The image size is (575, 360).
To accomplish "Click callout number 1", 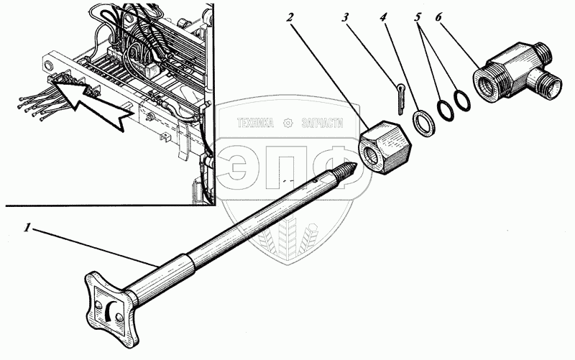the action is [x=27, y=228].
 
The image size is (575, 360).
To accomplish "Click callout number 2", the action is [x=290, y=17].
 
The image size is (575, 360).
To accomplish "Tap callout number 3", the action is [x=344, y=17].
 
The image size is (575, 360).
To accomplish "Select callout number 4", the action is [x=383, y=17].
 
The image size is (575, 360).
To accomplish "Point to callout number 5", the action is [x=418, y=17].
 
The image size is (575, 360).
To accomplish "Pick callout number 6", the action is [x=439, y=17].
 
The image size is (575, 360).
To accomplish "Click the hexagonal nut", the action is [x=385, y=147].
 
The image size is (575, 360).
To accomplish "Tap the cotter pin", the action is [x=400, y=98].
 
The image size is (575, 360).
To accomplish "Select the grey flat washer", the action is [x=424, y=123].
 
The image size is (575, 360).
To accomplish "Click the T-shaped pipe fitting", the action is [x=517, y=72].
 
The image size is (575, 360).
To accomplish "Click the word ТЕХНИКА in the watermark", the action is [x=255, y=123].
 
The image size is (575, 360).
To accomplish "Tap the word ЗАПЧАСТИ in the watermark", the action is [x=323, y=123].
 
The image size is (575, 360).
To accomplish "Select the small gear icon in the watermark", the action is [x=288, y=123].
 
